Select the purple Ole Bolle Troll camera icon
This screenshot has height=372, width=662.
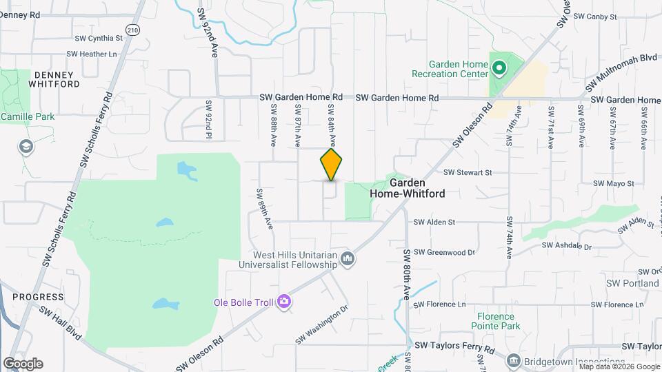[x=283, y=302]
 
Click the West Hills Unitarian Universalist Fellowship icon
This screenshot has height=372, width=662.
[x=348, y=259]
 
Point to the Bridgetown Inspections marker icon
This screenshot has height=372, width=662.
[x=513, y=361]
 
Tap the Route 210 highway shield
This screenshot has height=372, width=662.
[x=133, y=30]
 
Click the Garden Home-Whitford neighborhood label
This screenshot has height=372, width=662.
[x=407, y=189]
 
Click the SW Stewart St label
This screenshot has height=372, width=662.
[x=468, y=172]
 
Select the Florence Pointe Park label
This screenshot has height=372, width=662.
[x=496, y=320]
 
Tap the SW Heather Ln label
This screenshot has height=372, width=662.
[x=92, y=54]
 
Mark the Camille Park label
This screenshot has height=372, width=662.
[x=28, y=117]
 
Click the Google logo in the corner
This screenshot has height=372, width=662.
[x=23, y=363]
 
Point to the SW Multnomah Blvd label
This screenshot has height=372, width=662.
[x=621, y=72]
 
